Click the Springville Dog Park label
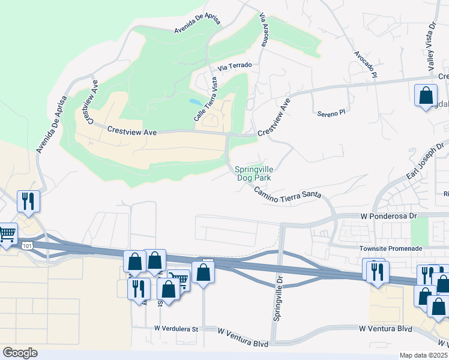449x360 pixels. click(x=253, y=174)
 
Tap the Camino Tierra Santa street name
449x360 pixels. click(x=287, y=194)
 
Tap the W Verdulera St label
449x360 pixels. click(x=176, y=329)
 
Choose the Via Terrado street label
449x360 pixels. click(x=235, y=66)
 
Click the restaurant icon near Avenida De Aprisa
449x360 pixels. click(x=28, y=201)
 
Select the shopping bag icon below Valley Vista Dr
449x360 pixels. click(x=426, y=95)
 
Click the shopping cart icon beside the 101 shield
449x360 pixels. click(x=7, y=233)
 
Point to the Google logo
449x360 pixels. click(x=20, y=353)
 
